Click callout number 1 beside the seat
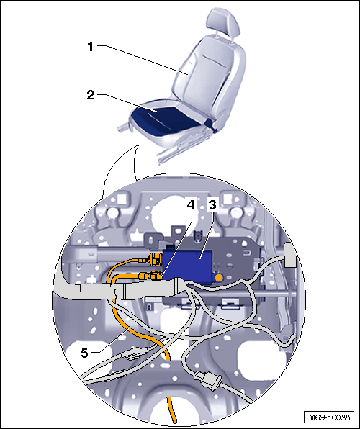point(91,47)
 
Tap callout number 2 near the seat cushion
point(91,95)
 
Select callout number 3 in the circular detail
point(212,204)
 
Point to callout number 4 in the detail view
point(191,204)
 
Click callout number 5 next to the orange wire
point(84,353)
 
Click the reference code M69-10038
point(329,417)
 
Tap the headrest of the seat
point(222,21)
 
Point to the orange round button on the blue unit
point(218,279)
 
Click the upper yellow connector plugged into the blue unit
point(155,259)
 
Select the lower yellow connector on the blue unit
point(151,275)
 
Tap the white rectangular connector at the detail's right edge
point(290,254)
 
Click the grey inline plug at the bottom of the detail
point(208,380)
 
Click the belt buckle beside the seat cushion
point(212,126)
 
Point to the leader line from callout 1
point(143,60)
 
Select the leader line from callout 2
point(127,104)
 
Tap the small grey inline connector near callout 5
point(135,353)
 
